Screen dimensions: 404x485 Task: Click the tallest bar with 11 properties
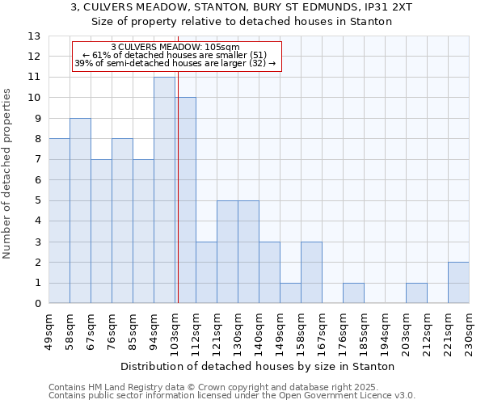[x=164, y=190]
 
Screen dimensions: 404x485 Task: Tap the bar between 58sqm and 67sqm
[x=80, y=211]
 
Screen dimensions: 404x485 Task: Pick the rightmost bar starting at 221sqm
[x=458, y=283]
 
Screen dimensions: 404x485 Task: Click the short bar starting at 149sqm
[x=290, y=293]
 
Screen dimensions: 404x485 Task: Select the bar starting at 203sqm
[x=416, y=293]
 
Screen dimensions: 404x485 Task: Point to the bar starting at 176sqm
[x=353, y=293]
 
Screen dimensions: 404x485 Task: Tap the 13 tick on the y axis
[x=34, y=36]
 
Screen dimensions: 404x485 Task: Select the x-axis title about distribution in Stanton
[x=258, y=366]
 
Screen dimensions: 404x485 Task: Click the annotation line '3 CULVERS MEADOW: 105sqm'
[x=175, y=47]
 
